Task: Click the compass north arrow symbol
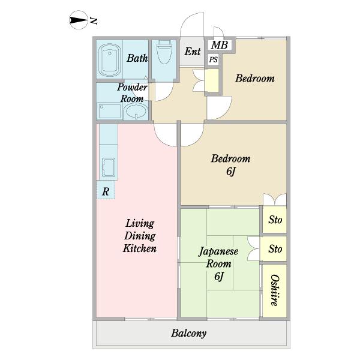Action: pyautogui.click(x=78, y=20)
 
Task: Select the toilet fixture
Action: pyautogui.click(x=164, y=52)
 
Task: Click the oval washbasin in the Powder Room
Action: pyautogui.click(x=136, y=112)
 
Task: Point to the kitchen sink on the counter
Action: pyautogui.click(x=109, y=167)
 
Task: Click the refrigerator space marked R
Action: pyautogui.click(x=106, y=190)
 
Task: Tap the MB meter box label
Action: pyautogui.click(x=219, y=45)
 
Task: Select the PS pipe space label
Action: pyautogui.click(x=213, y=59)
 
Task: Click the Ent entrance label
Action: pyautogui.click(x=193, y=52)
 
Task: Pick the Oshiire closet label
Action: pyautogui.click(x=275, y=290)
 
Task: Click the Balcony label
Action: pyautogui.click(x=189, y=334)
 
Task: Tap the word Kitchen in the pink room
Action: pyautogui.click(x=140, y=248)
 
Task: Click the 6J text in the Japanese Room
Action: pyautogui.click(x=219, y=276)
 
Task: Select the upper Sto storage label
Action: pyautogui.click(x=275, y=220)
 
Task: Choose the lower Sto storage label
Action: pyautogui.click(x=275, y=248)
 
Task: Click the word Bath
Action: pyautogui.click(x=137, y=58)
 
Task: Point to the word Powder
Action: pyautogui.click(x=132, y=87)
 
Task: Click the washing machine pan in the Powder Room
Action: pyautogui.click(x=110, y=112)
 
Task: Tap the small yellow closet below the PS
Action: pyautogui.click(x=212, y=80)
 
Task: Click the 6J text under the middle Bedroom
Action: pyautogui.click(x=231, y=172)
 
